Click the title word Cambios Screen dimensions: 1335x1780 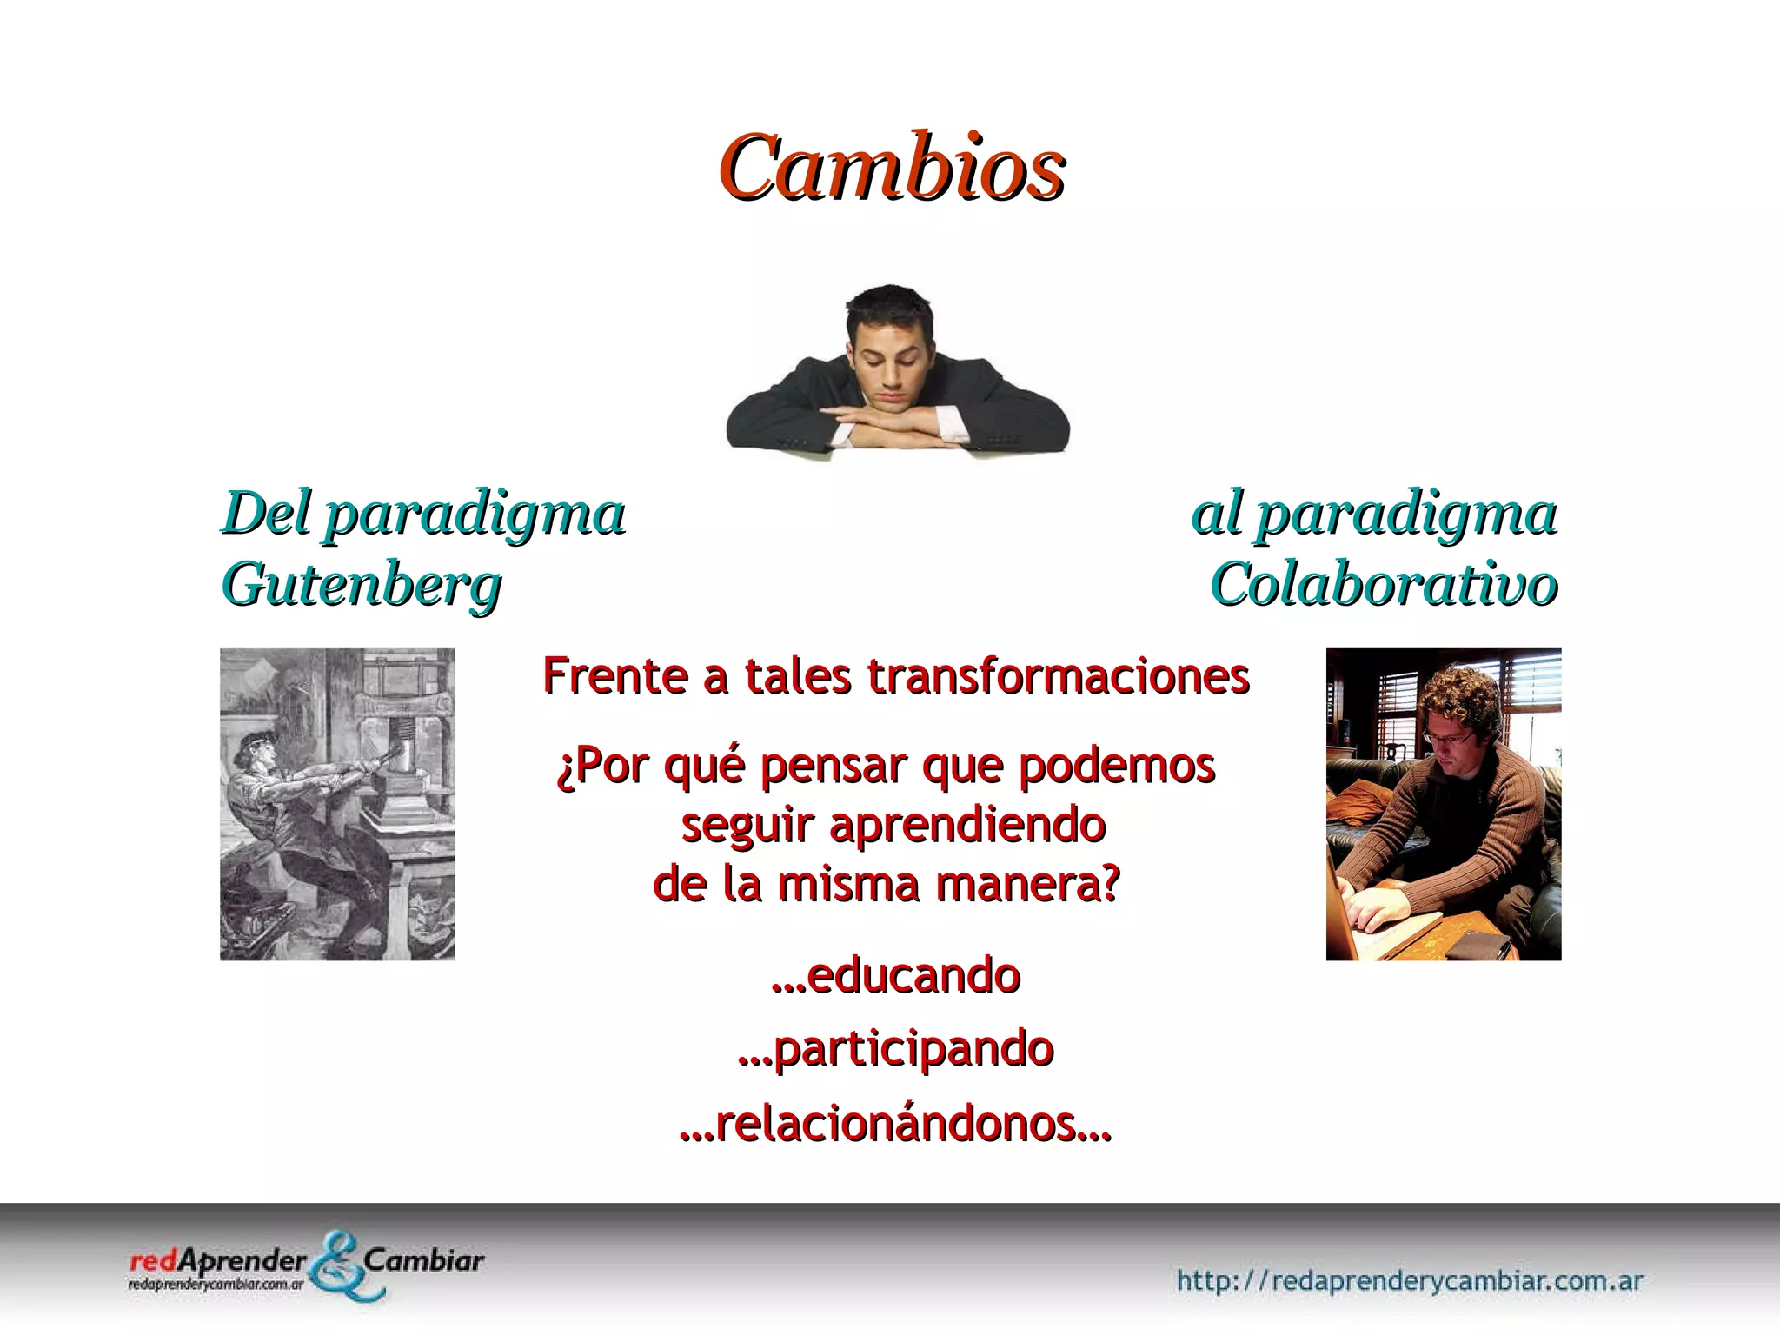[x=892, y=167]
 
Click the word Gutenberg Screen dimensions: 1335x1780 [x=362, y=585]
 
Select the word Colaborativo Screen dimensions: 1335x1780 [x=1384, y=585]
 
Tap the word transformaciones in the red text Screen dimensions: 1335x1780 [x=1059, y=676]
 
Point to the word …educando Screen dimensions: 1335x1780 [x=895, y=975]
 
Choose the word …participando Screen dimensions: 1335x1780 [x=895, y=1049]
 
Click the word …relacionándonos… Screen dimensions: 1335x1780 [x=895, y=1123]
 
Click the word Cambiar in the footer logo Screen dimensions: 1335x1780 [x=424, y=1260]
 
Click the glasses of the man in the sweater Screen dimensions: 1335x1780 [x=1450, y=738]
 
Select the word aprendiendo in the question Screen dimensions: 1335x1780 [x=966, y=825]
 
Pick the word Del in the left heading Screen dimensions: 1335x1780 [x=266, y=514]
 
